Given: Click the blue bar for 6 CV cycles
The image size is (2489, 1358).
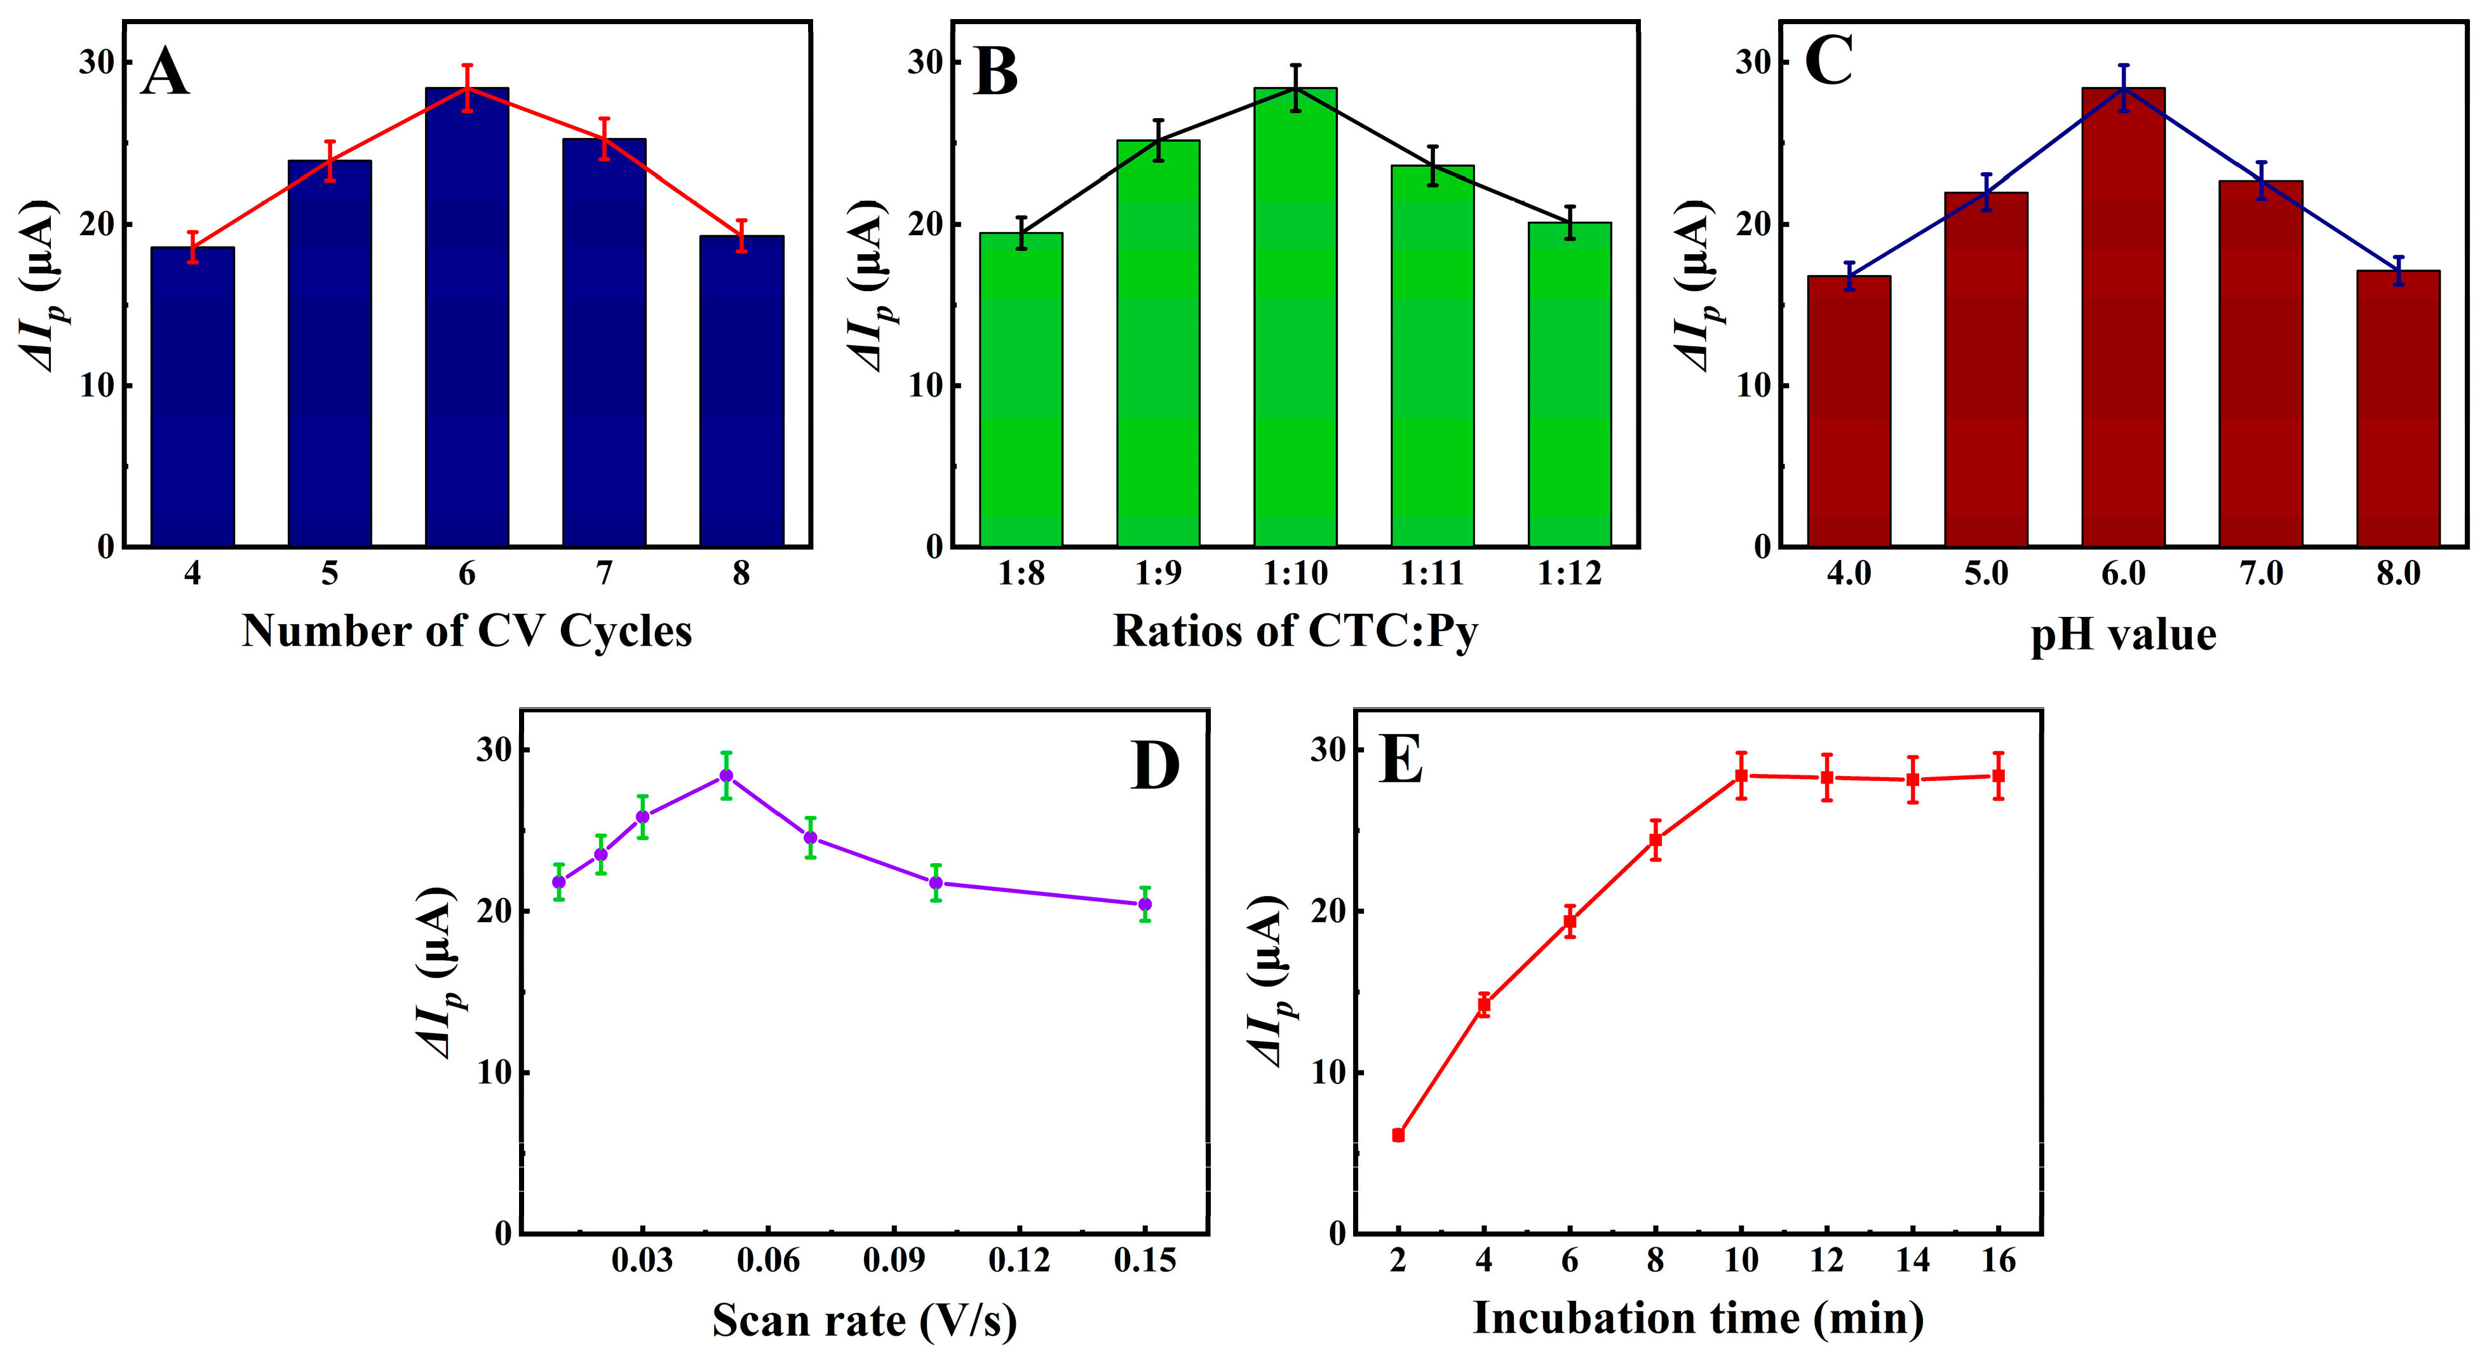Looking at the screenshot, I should point(467,319).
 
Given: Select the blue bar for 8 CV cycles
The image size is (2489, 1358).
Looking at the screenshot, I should point(741,391).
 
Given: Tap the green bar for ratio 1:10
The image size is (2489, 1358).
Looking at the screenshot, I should point(1295,319).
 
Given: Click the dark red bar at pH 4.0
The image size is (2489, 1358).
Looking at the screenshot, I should point(1849,411).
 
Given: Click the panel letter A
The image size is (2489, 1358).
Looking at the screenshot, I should point(165,72).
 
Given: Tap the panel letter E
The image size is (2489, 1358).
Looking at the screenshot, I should point(1401,761).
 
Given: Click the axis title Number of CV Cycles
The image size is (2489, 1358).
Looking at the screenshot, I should point(467,631).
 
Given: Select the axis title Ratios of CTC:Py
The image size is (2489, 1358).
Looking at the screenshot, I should point(1295,631).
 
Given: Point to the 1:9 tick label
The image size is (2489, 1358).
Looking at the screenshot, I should point(1157,574).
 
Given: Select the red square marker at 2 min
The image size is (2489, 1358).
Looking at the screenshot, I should point(1398,1135).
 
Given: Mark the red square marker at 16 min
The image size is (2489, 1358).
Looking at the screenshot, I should point(1998,776).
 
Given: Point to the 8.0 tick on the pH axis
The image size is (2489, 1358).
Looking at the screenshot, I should point(2398,574).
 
